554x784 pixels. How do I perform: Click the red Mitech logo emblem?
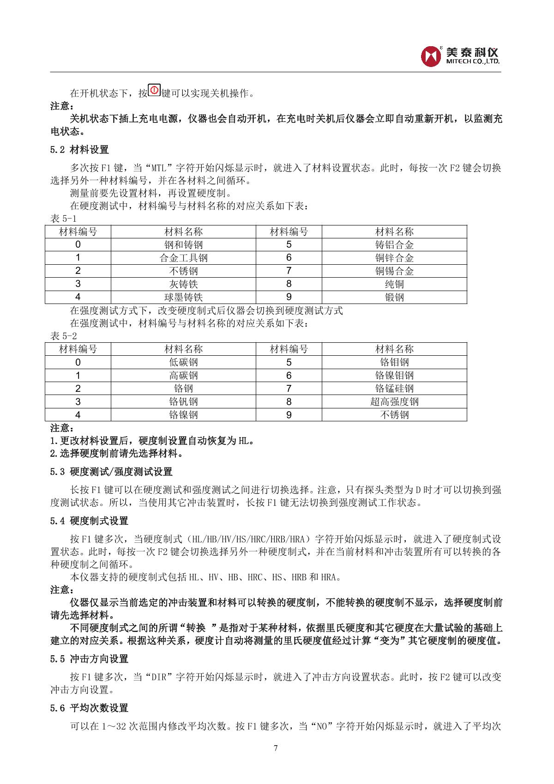[x=431, y=56]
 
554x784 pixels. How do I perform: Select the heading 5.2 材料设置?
[x=79, y=150]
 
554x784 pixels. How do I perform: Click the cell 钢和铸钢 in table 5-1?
[x=183, y=245]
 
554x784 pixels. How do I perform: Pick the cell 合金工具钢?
[x=183, y=258]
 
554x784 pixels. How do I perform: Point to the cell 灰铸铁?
[x=183, y=284]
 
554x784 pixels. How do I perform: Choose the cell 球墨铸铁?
[x=183, y=297]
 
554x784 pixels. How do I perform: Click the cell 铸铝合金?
[x=394, y=245]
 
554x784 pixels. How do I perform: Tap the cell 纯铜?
[x=394, y=284]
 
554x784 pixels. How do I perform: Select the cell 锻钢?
[x=394, y=297]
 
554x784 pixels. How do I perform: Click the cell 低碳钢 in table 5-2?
[x=183, y=362]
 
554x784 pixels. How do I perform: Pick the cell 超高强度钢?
[x=394, y=401]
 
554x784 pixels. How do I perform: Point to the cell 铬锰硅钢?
[x=394, y=389]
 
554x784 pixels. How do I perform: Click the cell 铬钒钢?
[x=183, y=401]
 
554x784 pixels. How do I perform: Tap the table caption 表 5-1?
[x=63, y=219]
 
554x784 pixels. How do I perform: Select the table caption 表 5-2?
[x=63, y=336]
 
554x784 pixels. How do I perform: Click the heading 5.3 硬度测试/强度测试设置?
[x=111, y=472]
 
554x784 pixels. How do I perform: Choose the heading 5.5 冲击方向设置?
[x=89, y=659]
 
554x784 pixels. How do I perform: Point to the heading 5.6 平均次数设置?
[x=89, y=708]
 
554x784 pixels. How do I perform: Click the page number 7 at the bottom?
[x=276, y=748]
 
